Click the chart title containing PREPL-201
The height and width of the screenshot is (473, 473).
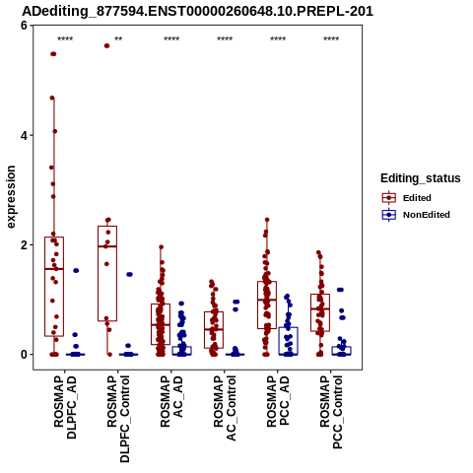click(197, 11)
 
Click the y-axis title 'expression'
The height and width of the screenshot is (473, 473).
click(11, 197)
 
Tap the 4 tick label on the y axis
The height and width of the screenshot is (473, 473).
click(24, 135)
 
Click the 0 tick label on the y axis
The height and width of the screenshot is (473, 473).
click(24, 355)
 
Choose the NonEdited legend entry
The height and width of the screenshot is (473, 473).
click(416, 215)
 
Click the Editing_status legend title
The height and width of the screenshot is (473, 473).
click(421, 178)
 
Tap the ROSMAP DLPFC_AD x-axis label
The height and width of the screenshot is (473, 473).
click(65, 407)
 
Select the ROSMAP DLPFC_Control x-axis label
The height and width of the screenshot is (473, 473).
click(118, 419)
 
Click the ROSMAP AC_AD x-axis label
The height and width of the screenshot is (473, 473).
click(171, 401)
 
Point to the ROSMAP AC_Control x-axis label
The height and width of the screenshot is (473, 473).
click(225, 408)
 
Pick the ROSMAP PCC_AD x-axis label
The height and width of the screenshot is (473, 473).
click(278, 401)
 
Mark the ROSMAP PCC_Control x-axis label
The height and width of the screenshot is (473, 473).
click(331, 412)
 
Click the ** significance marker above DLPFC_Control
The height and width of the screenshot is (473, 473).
click(118, 39)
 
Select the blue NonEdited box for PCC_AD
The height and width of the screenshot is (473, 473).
click(289, 341)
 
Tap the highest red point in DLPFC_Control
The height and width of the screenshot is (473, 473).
click(106, 45)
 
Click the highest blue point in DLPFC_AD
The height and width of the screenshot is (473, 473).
click(76, 270)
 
